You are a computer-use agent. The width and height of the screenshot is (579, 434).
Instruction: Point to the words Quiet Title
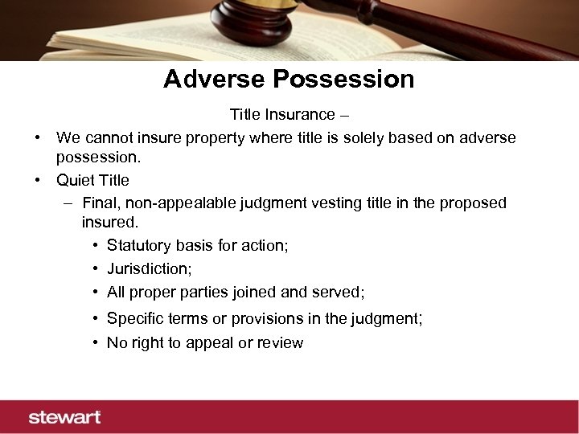[92, 180]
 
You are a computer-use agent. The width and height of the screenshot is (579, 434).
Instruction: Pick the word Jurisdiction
[149, 268]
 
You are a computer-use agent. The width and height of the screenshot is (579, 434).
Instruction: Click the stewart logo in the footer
[65, 417]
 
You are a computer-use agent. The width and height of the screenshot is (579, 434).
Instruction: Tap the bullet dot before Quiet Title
[38, 180]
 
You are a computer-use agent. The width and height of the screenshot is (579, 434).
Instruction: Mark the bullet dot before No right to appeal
[96, 343]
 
